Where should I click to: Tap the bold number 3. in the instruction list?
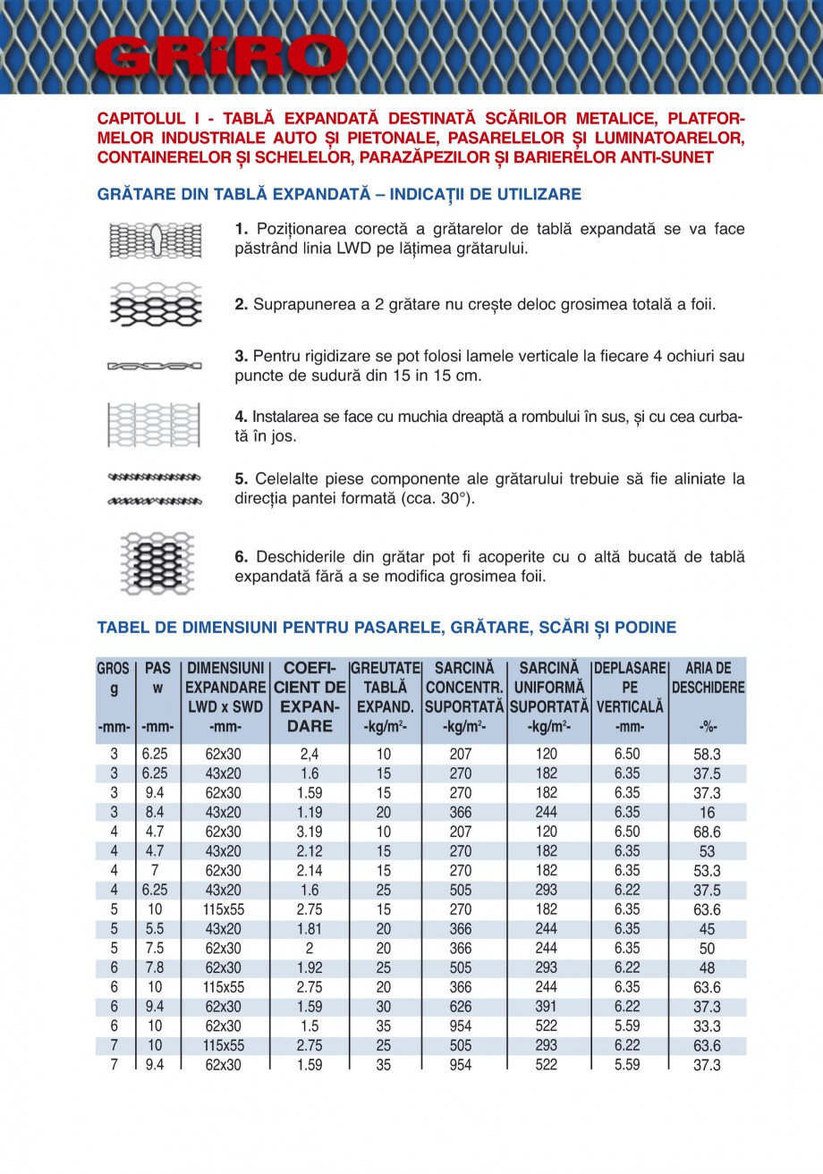click(242, 356)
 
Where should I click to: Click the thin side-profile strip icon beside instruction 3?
click(155, 366)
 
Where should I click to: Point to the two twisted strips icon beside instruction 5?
click(155, 489)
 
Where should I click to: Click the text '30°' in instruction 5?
click(454, 499)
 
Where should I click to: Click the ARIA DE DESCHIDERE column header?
click(708, 679)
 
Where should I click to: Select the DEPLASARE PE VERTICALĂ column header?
click(630, 687)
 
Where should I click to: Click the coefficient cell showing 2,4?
click(310, 755)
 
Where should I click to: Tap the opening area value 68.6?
click(707, 832)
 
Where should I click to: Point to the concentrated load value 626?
click(460, 1007)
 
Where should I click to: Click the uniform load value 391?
click(545, 1007)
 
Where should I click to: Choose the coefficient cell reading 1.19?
click(310, 813)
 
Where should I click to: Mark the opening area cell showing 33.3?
click(707, 1026)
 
